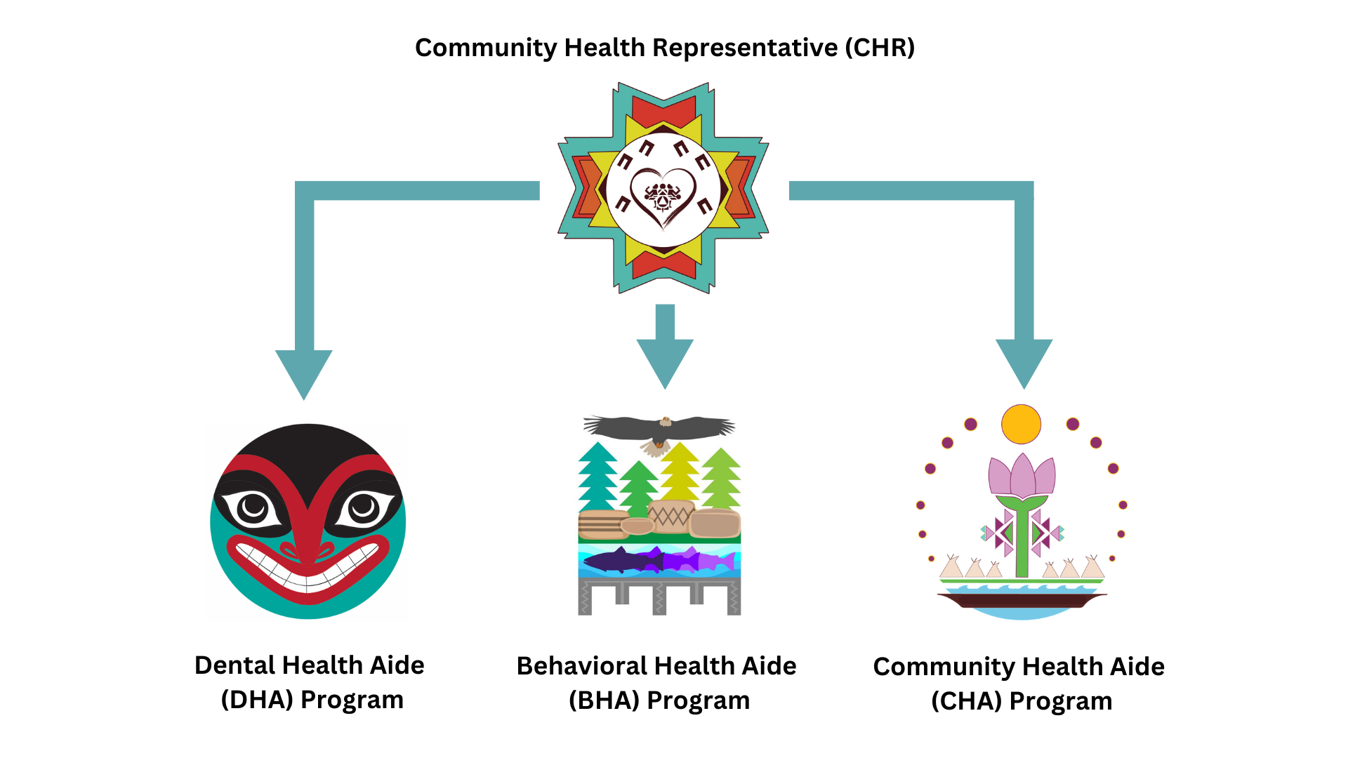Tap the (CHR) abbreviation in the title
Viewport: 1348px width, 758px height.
[x=880, y=48]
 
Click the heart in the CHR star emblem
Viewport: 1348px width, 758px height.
[x=663, y=197]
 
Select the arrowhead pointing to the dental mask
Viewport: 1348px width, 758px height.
[x=303, y=372]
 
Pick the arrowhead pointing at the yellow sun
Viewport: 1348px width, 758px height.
[x=1024, y=361]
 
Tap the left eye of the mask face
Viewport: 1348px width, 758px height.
[x=252, y=507]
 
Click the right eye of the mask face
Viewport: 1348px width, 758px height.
[x=364, y=507]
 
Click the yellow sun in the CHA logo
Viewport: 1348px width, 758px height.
[x=1021, y=424]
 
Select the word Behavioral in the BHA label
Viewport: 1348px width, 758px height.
[x=580, y=666]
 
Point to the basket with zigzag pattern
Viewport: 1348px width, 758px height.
[x=670, y=517]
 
